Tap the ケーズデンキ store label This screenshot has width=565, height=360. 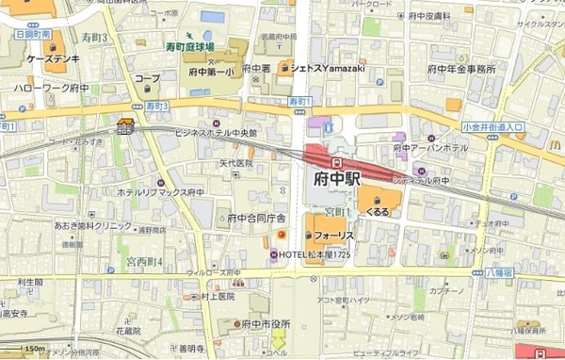(45, 58)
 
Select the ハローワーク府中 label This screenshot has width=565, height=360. (51, 88)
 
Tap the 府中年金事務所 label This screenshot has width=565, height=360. (461, 69)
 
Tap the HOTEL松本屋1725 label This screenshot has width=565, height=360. (316, 255)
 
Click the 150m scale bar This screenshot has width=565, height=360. (34, 349)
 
